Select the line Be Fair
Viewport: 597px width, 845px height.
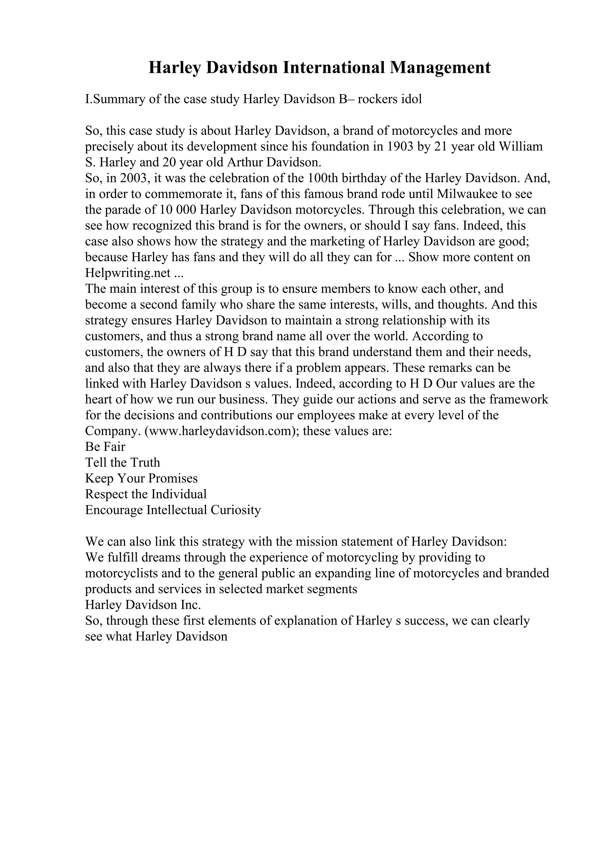[x=105, y=447]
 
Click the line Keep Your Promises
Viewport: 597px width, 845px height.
[x=141, y=478]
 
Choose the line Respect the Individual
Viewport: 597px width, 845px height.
[x=146, y=494]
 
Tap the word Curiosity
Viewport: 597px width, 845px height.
[x=236, y=510]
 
